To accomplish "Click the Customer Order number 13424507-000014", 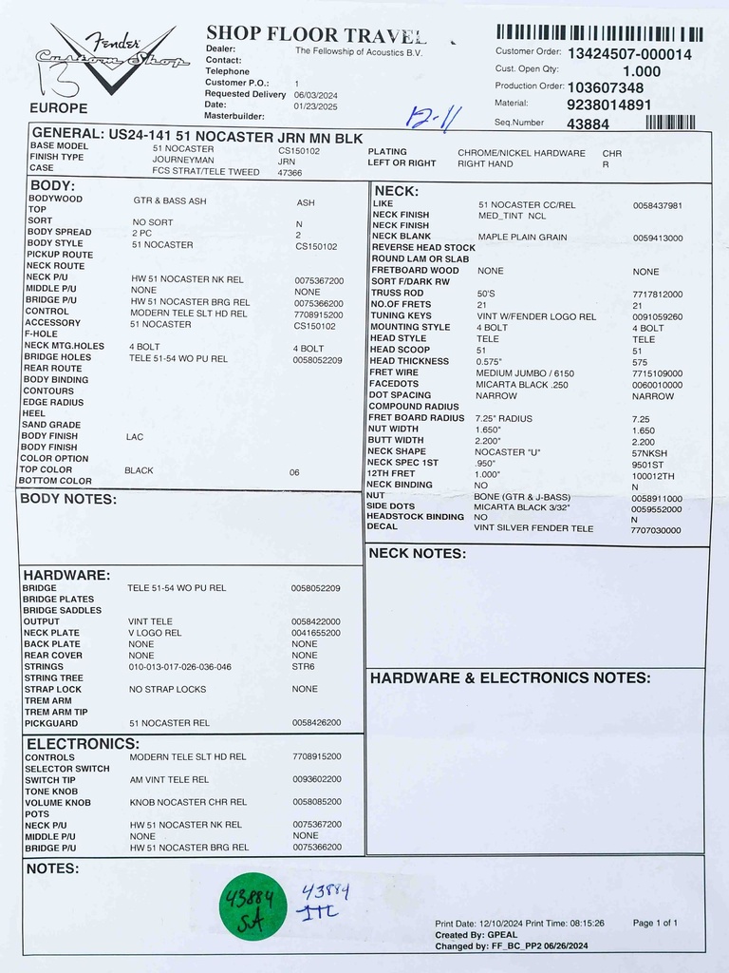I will pyautogui.click(x=629, y=54).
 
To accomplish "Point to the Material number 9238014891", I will pyautogui.click(x=608, y=105).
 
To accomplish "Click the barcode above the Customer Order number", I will pyautogui.click(x=599, y=34).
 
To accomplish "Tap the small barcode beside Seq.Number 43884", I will pyautogui.click(x=670, y=123).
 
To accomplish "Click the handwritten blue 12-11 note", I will pyautogui.click(x=434, y=118).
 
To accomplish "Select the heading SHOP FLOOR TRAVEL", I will pyautogui.click(x=316, y=35).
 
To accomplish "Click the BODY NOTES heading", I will pyautogui.click(x=68, y=499).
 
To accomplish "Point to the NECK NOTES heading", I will pyautogui.click(x=417, y=553).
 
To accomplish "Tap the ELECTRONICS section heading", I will pyautogui.click(x=82, y=744).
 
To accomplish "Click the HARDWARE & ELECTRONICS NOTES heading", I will pyautogui.click(x=510, y=678).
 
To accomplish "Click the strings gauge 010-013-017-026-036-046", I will pyautogui.click(x=180, y=667).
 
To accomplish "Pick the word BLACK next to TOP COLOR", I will pyautogui.click(x=139, y=470).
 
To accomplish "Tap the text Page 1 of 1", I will pyautogui.click(x=655, y=923).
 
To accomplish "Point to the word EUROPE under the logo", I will pyautogui.click(x=59, y=108).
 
